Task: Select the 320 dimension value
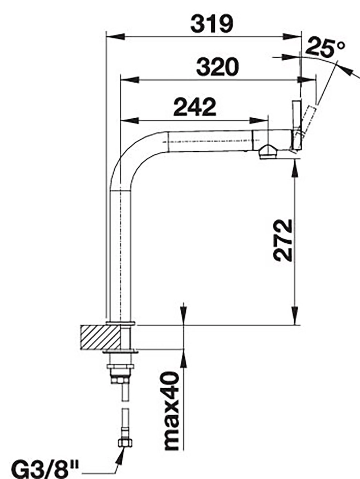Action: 217,67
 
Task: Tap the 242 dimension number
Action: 195,107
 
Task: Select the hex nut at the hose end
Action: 125,445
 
